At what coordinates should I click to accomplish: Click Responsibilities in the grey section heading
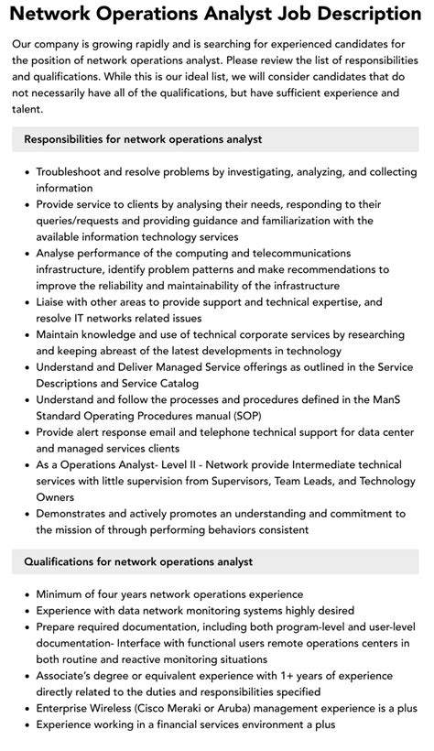click(67, 139)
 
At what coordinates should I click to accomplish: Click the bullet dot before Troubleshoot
click(24, 171)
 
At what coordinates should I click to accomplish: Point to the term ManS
click(382, 400)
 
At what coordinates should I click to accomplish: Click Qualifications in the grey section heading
click(63, 561)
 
